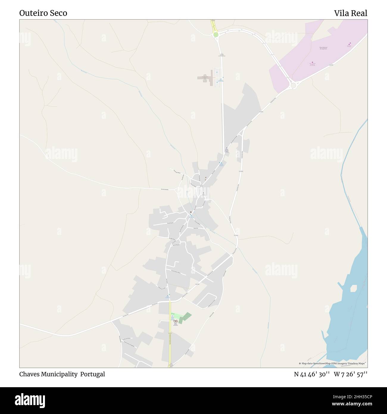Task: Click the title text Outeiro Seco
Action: (x=43, y=13)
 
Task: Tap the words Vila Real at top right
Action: (x=350, y=13)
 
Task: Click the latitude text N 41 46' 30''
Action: (x=311, y=374)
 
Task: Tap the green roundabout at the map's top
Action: (x=216, y=35)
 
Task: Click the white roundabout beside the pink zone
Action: (x=293, y=85)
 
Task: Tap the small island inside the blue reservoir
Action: (x=353, y=288)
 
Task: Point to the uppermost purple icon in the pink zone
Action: (x=349, y=45)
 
